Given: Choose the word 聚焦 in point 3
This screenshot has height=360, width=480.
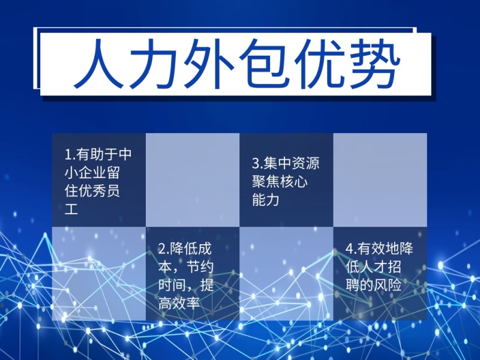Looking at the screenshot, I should coord(266,181).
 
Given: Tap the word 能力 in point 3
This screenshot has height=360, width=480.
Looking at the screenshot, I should coord(266,199).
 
